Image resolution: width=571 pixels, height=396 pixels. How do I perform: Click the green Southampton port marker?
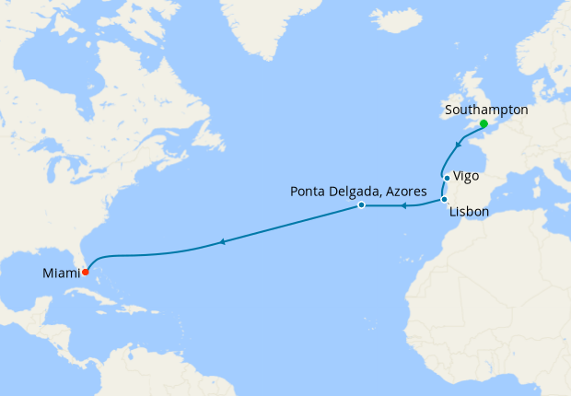pos(484,123)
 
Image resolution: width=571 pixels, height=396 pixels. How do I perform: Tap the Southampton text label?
pos(485,110)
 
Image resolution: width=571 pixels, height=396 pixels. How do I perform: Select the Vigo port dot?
pos(447,178)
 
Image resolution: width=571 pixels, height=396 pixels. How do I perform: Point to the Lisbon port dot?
pos(444,200)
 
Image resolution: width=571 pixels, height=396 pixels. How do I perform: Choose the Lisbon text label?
pos(469,213)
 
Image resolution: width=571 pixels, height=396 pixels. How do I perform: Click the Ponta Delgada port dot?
pos(361,205)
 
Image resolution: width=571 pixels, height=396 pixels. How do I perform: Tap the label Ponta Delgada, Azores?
pos(358,192)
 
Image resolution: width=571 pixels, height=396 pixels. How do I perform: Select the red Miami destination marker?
pos(85,272)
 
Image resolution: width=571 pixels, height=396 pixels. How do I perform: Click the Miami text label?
pos(61,273)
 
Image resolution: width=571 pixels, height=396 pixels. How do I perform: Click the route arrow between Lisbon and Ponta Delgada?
pos(403,206)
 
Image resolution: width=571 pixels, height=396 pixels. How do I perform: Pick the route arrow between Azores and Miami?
pos(222,241)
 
